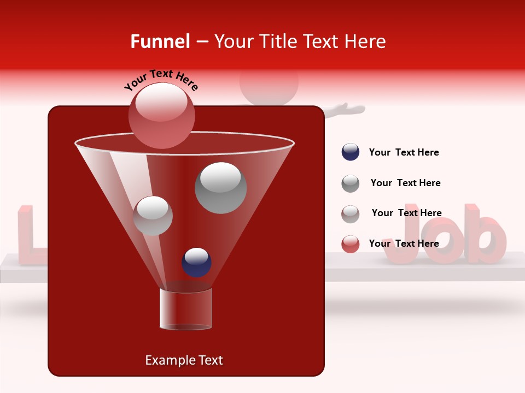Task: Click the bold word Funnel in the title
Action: pos(160,41)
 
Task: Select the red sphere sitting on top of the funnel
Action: pos(161,115)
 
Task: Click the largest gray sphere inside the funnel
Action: pos(220,187)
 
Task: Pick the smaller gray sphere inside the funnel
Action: pos(153,216)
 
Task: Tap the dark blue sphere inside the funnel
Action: pos(196,262)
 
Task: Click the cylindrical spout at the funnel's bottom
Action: pos(185,308)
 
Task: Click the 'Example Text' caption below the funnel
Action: pos(184,360)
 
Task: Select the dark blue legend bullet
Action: pos(351,152)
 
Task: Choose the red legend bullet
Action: pos(351,244)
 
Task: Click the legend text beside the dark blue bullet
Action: pos(404,152)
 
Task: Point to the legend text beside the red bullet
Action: pos(404,243)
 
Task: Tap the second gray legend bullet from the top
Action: pos(351,214)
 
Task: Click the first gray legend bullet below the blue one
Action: pos(351,183)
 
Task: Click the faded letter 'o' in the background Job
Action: pos(442,243)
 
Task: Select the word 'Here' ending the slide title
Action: pos(366,41)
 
